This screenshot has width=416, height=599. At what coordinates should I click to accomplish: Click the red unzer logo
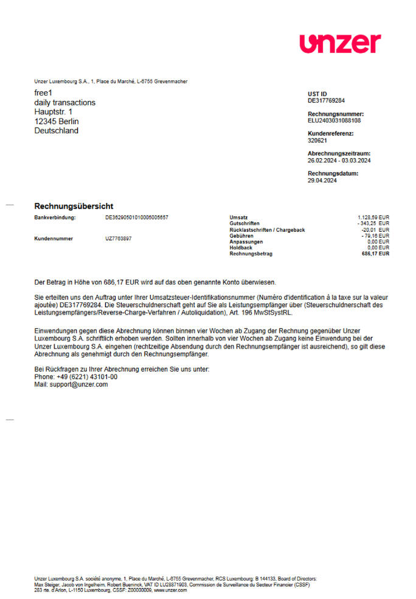tap(340, 44)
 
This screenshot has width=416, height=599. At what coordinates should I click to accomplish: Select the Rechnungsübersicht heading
tap(74, 206)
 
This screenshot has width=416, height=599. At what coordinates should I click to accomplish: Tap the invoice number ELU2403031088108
tap(334, 120)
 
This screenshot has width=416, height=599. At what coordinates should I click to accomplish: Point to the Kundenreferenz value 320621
tap(317, 140)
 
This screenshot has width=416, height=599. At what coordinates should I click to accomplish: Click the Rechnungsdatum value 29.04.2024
tap(322, 181)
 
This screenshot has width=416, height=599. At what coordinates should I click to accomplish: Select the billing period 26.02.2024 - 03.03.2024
tap(339, 161)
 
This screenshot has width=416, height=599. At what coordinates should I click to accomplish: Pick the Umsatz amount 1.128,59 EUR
tap(373, 217)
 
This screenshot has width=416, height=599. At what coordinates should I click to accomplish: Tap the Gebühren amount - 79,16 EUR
tap(375, 235)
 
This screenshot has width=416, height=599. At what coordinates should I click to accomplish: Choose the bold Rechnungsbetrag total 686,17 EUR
tap(375, 254)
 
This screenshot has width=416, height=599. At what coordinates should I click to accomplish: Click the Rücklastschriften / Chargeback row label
tap(267, 230)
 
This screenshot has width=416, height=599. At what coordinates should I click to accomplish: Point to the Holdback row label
tap(241, 248)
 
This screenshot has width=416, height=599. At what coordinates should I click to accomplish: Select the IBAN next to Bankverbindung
tap(137, 217)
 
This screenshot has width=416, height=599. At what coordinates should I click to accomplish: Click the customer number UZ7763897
tap(119, 238)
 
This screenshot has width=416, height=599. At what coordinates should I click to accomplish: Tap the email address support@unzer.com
tap(79, 384)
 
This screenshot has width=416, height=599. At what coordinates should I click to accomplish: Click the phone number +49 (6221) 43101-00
tap(86, 377)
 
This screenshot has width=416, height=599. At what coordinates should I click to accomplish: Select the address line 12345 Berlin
tap(57, 121)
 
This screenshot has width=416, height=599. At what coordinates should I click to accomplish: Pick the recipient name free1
tap(43, 93)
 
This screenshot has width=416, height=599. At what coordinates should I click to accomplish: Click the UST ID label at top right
tap(317, 94)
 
